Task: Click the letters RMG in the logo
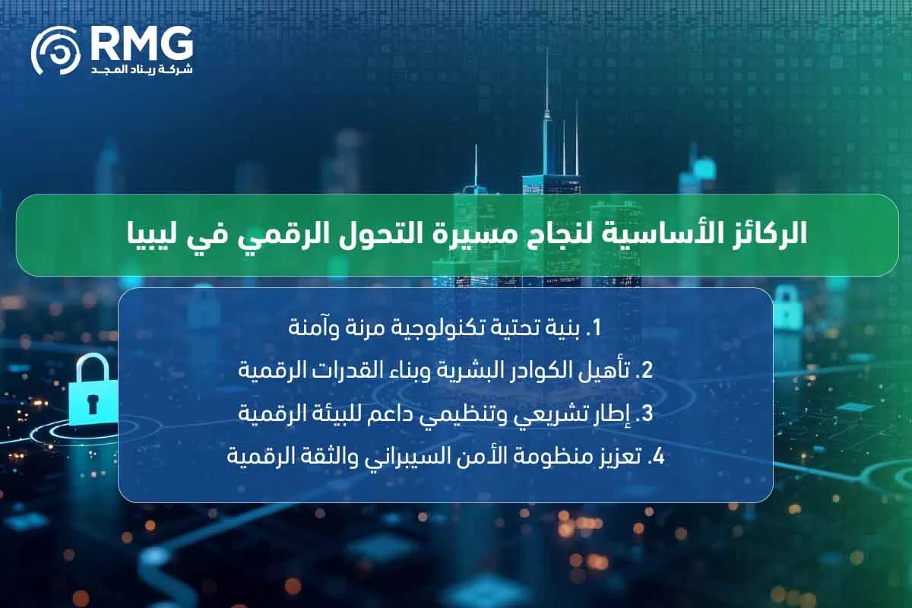(141, 44)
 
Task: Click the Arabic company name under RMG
(141, 69)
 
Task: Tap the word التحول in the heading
(379, 233)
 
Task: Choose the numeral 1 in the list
(597, 328)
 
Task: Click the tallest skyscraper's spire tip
(546, 53)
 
